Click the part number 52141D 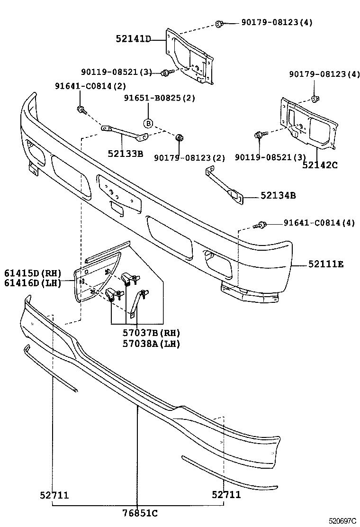click(x=133, y=39)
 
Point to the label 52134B click(x=278, y=195)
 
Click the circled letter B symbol click(x=148, y=123)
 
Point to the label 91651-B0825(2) click(x=160, y=98)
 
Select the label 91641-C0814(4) click(x=319, y=223)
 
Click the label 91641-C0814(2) click(x=91, y=86)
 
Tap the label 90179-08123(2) click(x=190, y=157)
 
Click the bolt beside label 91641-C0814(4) click(x=261, y=224)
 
